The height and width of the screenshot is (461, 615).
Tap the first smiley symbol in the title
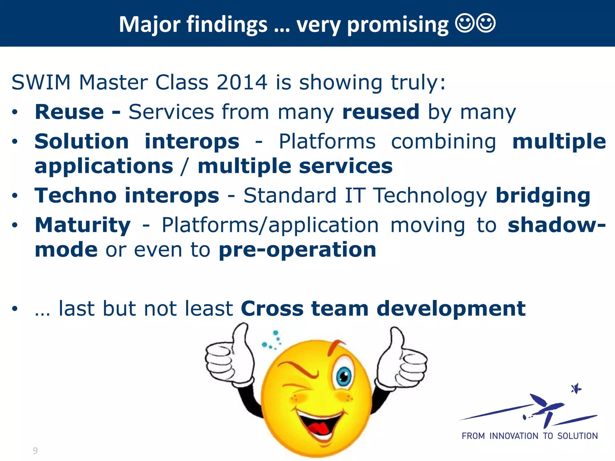(x=465, y=23)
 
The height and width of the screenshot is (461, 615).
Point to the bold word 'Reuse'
(x=69, y=112)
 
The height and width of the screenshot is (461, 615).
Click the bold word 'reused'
(x=381, y=112)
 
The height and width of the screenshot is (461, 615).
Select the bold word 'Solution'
(x=82, y=141)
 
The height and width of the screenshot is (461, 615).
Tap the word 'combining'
(x=444, y=141)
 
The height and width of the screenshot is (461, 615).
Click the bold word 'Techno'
(x=75, y=195)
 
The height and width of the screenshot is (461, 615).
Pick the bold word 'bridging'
(x=543, y=196)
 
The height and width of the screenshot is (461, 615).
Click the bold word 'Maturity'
(x=83, y=225)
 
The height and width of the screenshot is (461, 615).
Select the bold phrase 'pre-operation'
(x=297, y=250)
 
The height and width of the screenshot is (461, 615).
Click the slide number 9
(x=35, y=450)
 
